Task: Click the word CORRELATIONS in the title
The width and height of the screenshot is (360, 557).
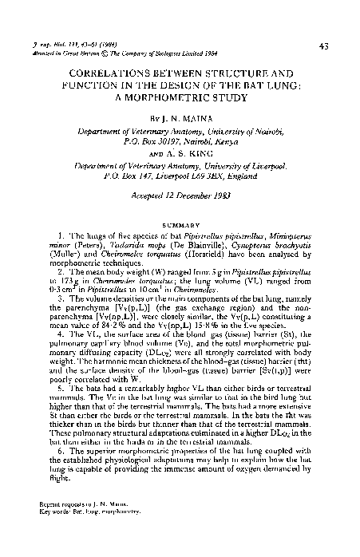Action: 109,70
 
